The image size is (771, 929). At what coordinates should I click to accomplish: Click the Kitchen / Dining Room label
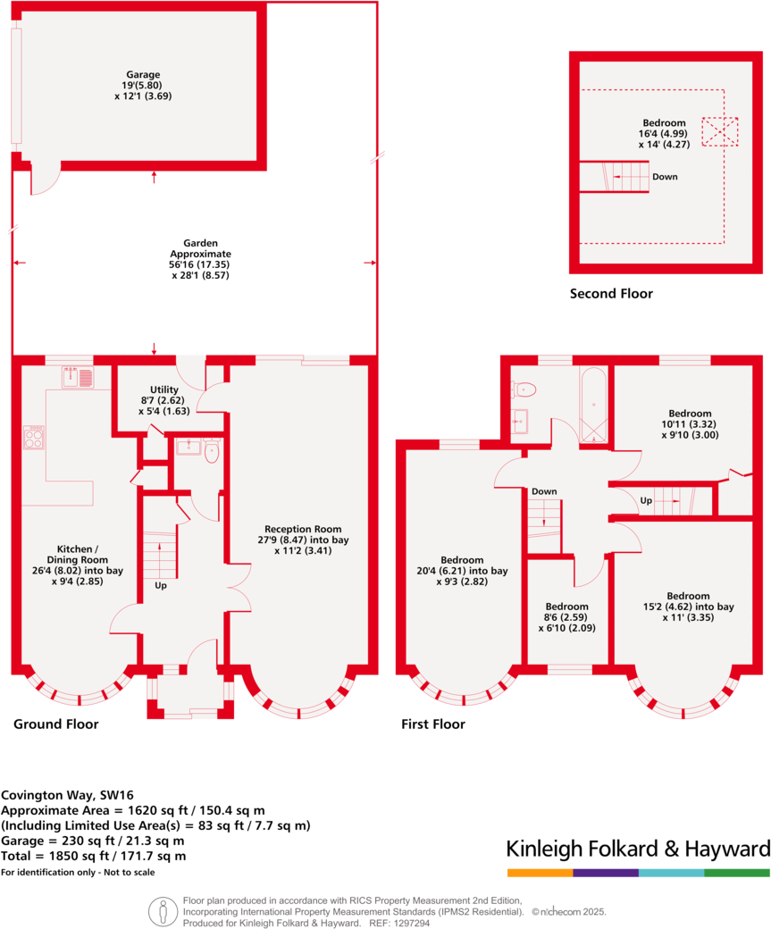[x=78, y=559]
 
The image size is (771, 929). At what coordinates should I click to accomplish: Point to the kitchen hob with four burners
[x=34, y=437]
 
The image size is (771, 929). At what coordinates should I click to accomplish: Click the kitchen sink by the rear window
[x=77, y=378]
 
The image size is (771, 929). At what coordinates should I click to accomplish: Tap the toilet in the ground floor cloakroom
[x=211, y=452]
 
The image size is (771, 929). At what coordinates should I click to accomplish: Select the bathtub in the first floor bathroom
[x=593, y=405]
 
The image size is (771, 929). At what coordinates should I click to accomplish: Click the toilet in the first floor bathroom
[x=524, y=389]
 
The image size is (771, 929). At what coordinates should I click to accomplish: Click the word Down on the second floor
[x=665, y=177]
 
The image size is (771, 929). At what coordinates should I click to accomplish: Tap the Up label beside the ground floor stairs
[x=161, y=586]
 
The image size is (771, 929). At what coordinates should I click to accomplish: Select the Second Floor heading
[x=611, y=293]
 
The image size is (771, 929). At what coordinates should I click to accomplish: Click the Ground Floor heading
[x=55, y=724]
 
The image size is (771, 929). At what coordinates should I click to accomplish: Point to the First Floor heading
[x=432, y=724]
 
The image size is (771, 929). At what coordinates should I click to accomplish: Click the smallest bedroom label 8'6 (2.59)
[x=566, y=616]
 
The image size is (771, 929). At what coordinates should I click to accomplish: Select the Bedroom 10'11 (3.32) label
[x=690, y=424]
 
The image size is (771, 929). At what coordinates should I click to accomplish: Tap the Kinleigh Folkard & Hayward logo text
[x=638, y=848]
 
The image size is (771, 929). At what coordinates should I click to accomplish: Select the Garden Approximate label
[x=194, y=259]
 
